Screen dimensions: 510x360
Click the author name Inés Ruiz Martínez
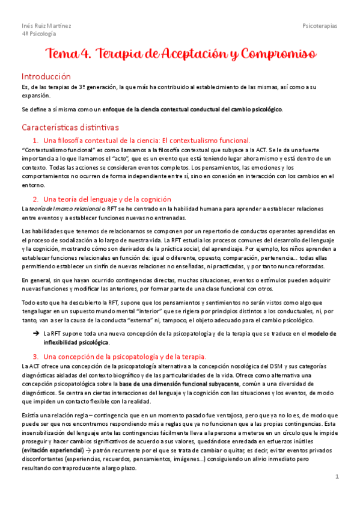(46, 26)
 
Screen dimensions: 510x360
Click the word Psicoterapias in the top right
(320, 26)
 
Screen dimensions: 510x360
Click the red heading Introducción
(46, 76)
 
